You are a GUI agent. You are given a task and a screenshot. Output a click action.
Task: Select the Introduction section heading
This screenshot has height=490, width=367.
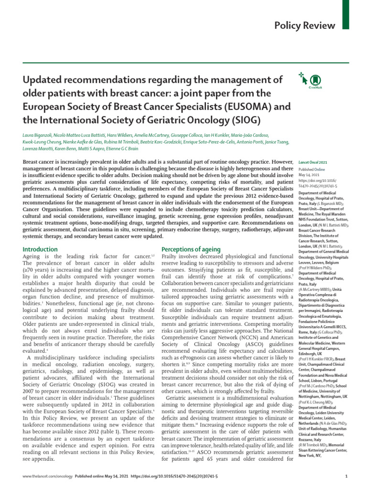(x=41, y=249)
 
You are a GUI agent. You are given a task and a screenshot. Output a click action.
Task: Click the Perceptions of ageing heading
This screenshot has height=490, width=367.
(x=191, y=249)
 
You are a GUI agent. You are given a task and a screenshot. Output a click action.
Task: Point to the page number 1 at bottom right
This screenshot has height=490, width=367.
(x=346, y=477)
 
